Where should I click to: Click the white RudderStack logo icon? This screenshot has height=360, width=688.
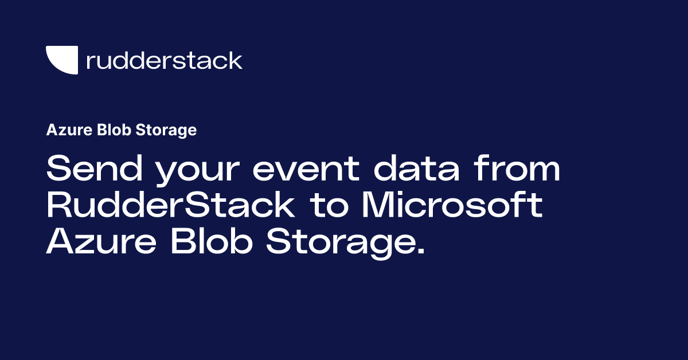point(61,60)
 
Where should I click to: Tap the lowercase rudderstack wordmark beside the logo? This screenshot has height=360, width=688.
point(164,60)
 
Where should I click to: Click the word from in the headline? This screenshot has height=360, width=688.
point(522,170)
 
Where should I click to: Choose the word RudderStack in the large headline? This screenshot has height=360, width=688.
point(171,206)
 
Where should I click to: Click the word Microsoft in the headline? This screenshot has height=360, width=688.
point(451,206)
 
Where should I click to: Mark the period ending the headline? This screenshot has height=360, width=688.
point(422,252)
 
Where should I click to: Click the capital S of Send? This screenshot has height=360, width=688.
point(58,170)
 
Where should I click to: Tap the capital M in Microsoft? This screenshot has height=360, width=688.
point(378,206)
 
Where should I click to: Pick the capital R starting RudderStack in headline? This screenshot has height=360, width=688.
point(58,206)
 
